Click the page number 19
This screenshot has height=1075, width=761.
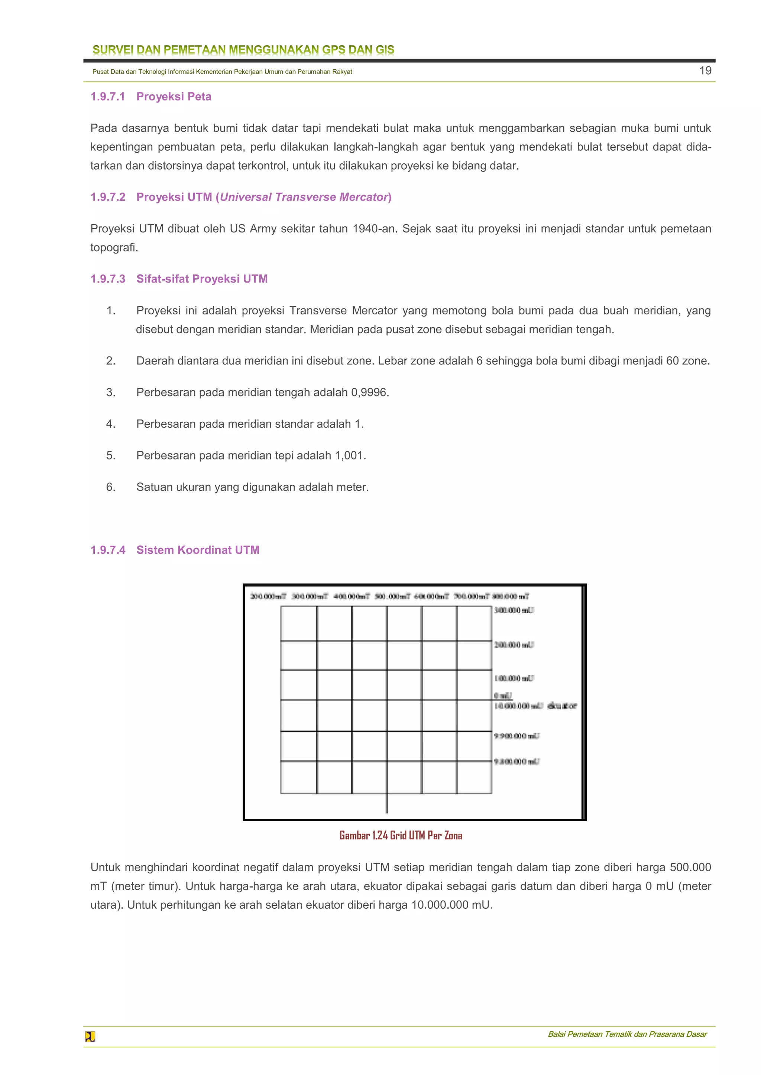click(705, 71)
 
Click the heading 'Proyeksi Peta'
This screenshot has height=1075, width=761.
click(174, 97)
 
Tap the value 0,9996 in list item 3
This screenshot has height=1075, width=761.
click(369, 392)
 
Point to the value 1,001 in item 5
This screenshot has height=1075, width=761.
click(350, 455)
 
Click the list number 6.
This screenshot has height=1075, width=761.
click(111, 487)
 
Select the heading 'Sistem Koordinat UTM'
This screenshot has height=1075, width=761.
click(197, 550)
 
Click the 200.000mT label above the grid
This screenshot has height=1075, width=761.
click(268, 596)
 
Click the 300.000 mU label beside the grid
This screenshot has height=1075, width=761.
click(514, 610)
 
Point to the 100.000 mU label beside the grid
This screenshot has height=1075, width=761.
click(514, 678)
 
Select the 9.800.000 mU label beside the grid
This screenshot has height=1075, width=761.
click(516, 761)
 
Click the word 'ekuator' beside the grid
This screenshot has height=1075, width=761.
click(562, 706)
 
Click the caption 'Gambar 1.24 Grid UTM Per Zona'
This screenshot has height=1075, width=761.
click(401, 835)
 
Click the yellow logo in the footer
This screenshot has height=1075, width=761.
click(90, 1037)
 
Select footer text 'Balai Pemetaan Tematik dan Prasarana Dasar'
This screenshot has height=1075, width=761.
click(627, 1034)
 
